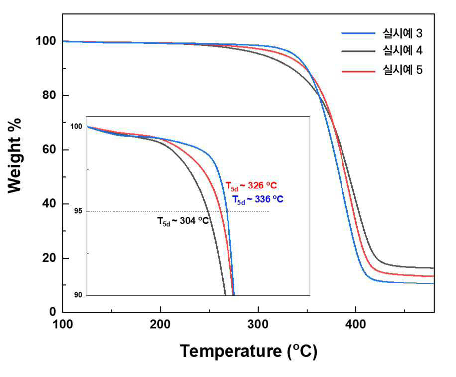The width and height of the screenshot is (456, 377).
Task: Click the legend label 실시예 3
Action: pos(402,33)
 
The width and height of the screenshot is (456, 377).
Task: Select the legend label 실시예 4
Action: pos(402,51)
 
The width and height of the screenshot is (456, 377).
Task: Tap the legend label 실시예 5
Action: pos(402,70)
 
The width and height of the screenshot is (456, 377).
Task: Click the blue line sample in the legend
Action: pos(358,33)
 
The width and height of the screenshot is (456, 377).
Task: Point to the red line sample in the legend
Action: pos(358,71)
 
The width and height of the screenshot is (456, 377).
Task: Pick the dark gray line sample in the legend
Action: pos(358,51)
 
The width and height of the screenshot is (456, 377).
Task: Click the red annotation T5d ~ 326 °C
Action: pos(251,186)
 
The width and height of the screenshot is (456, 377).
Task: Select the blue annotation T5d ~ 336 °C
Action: pos(258,200)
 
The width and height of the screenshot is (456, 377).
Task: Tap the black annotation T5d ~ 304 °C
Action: pos(183,221)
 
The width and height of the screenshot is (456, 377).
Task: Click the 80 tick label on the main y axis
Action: pos(49,95)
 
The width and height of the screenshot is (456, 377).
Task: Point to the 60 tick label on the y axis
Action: pos(49,149)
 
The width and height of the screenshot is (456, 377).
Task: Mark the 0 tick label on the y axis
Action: pos(53,312)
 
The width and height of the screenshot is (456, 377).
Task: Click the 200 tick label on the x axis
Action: pos(160,324)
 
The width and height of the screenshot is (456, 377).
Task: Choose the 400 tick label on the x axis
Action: pos(355,324)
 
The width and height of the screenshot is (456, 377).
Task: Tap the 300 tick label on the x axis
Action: pos(258,324)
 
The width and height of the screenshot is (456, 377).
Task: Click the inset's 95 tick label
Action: pos(78,211)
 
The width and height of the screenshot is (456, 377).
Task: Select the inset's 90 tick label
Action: pos(78,295)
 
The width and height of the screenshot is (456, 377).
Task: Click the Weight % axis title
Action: pos(14,156)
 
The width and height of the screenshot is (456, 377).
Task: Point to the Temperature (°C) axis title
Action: pos(248,351)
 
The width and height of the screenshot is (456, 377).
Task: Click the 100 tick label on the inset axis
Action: pos(76,127)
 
